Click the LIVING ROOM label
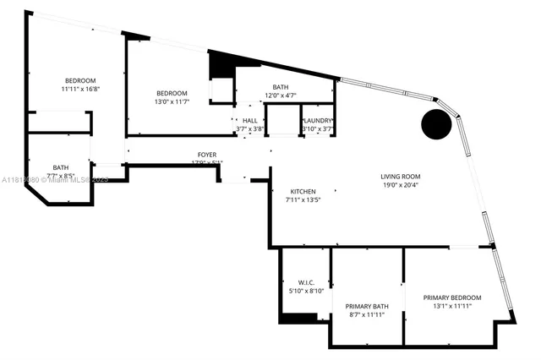click(x=400, y=176)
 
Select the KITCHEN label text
click(x=303, y=192)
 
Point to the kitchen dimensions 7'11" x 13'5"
click(x=302, y=201)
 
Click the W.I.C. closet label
click(x=306, y=282)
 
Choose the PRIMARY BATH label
click(x=367, y=306)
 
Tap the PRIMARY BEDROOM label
click(x=452, y=297)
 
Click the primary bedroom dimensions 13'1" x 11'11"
click(x=452, y=307)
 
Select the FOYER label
click(x=206, y=155)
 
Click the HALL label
click(x=249, y=121)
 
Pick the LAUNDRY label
click(x=318, y=121)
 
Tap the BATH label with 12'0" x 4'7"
click(x=280, y=87)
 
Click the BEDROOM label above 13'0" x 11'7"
click(x=171, y=93)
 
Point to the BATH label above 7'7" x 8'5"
click(x=61, y=167)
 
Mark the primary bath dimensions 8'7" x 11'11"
click(x=366, y=315)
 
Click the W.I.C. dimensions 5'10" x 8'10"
click(x=306, y=292)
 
